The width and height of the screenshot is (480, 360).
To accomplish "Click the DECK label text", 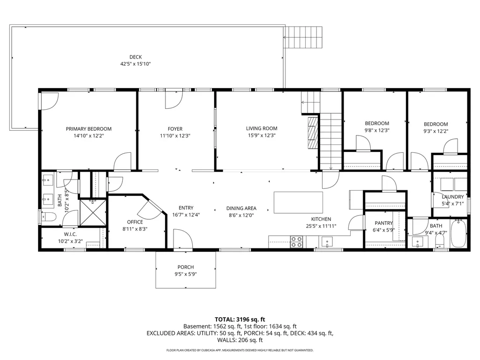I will [135, 57].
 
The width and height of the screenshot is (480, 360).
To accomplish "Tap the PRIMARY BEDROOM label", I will [89, 129].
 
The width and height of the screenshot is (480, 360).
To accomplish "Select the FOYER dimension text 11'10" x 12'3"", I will [175, 136].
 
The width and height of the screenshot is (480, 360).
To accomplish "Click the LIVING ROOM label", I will [262, 128].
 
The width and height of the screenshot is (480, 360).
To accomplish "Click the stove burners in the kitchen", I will [297, 241].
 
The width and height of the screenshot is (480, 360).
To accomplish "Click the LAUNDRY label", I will [452, 197].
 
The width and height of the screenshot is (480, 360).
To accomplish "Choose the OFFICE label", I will [135, 222].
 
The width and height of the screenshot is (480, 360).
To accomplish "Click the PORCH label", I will [186, 267].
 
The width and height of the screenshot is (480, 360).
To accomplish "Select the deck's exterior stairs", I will [304, 37].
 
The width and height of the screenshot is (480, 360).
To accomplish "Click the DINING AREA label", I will [241, 209].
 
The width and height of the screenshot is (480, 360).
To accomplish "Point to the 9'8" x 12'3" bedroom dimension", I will [377, 131].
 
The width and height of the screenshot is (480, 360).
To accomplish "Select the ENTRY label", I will [186, 208].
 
